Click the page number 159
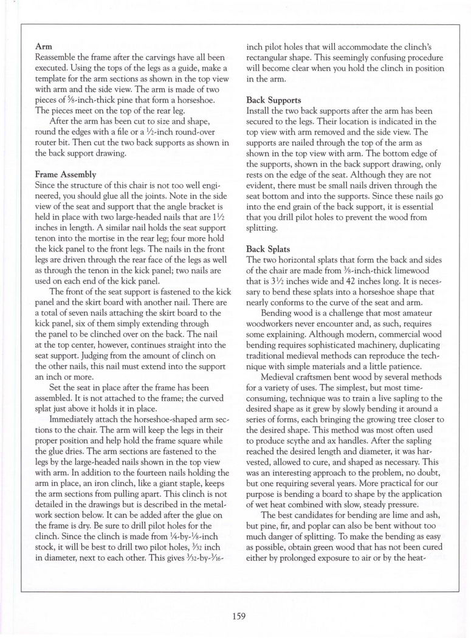[238, 616]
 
